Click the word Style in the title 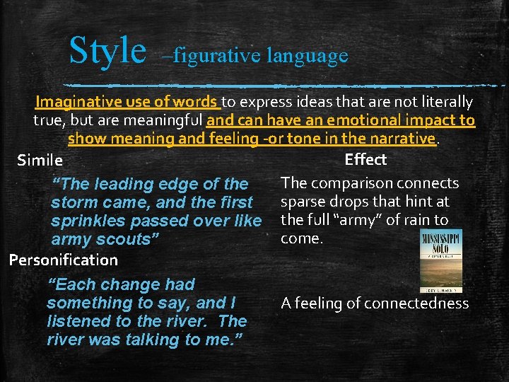point(107,50)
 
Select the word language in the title point(308,55)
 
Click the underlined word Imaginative point(81,102)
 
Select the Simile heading point(40,161)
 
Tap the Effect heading point(365,159)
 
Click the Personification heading point(64,260)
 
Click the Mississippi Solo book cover point(440,260)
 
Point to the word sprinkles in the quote point(87,221)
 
